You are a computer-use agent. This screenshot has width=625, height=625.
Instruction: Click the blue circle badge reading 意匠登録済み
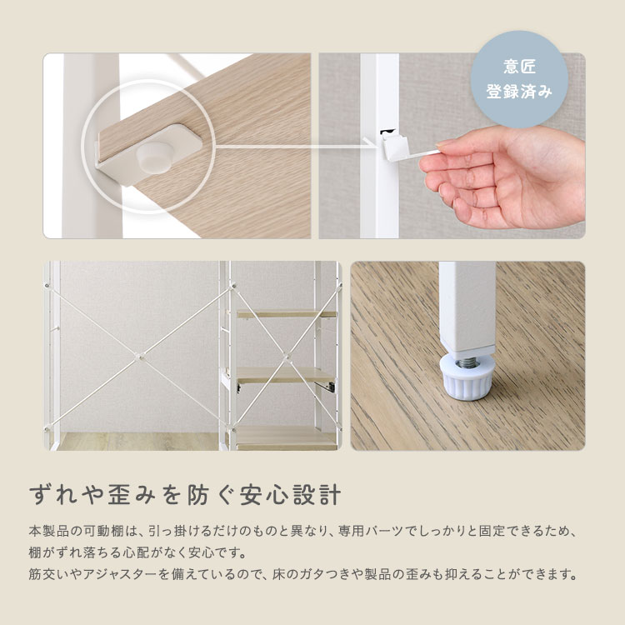tap(519, 79)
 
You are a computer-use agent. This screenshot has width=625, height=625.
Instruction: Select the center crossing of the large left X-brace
tap(137, 358)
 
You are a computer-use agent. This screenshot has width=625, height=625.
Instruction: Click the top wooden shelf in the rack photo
tap(287, 314)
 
